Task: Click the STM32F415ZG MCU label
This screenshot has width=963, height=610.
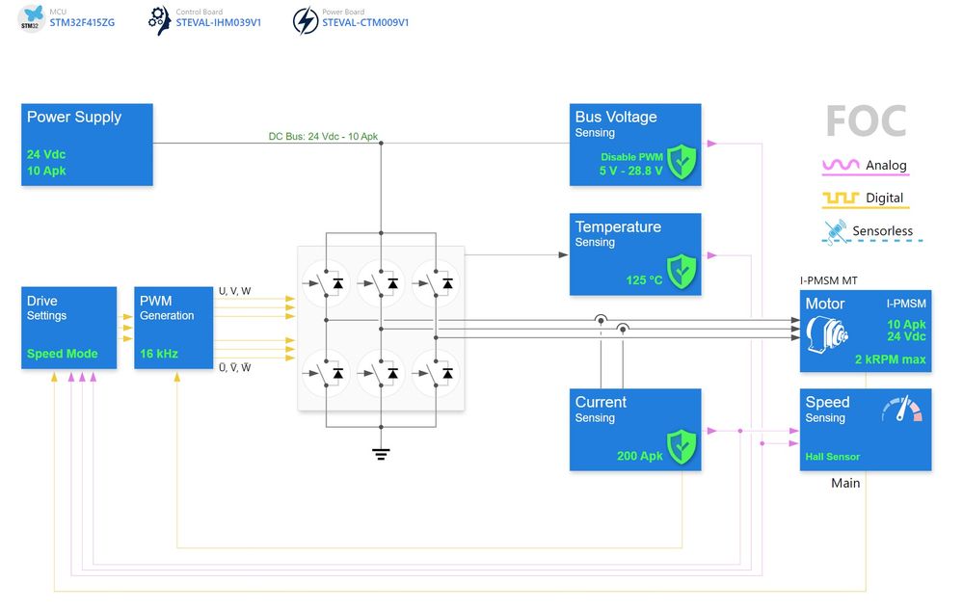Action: coord(82,22)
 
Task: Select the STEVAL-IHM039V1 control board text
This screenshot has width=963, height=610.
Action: coord(218,22)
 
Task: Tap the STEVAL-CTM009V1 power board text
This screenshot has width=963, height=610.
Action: coord(365,22)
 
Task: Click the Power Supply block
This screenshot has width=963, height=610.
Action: coord(87,145)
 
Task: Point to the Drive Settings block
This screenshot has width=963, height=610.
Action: coord(68,328)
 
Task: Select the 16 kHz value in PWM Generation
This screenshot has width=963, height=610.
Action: coord(159,354)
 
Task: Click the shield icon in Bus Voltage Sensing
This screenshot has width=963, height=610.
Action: coord(682,161)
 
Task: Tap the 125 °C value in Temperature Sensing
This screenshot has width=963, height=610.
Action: coord(644,280)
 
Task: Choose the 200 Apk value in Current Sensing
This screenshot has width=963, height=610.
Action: coord(640,456)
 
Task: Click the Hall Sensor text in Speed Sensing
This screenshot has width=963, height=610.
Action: coord(833,457)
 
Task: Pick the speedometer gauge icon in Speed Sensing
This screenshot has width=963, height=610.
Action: coord(901,411)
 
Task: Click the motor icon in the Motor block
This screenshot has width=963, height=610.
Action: coord(827,334)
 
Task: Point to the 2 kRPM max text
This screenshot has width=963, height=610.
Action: coord(890,359)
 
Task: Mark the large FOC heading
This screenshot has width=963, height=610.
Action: coord(866,121)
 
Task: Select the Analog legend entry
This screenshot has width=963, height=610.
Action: coord(866,166)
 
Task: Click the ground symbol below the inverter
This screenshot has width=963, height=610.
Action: coord(381,453)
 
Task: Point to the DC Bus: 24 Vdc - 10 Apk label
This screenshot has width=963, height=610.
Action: coord(323,136)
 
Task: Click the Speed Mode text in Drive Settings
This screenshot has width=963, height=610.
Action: coord(63,354)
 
